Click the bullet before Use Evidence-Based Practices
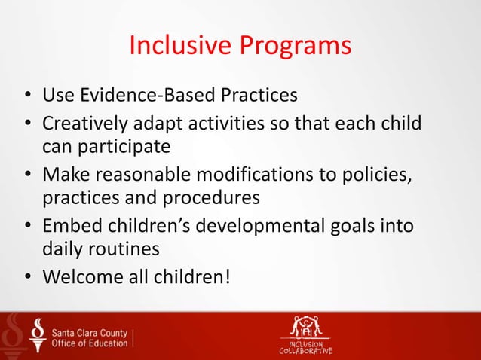[x=26, y=96]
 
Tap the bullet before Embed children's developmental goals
[x=26, y=227]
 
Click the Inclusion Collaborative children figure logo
[x=306, y=328]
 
